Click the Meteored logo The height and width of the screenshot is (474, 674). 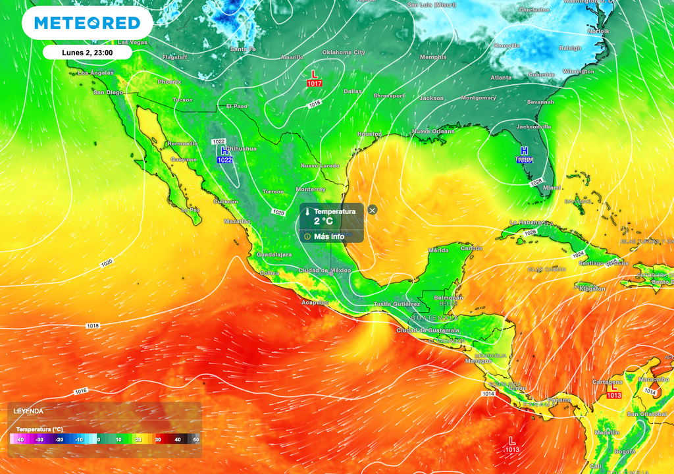point(87,24)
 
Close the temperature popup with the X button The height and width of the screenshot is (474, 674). point(373,210)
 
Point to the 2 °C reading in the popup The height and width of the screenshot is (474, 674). point(323,222)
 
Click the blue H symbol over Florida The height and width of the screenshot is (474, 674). point(525,151)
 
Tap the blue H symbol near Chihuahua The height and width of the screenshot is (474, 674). point(224,151)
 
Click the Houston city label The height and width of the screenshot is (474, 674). point(369,134)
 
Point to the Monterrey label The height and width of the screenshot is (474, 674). point(311,190)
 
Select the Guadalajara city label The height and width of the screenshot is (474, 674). point(274,254)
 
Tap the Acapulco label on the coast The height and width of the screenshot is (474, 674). point(314,302)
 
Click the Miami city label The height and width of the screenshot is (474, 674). point(553,188)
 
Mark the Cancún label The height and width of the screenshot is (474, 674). point(471,248)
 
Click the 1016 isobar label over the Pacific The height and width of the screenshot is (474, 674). point(80,391)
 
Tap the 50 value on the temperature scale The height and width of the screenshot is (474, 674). point(195,440)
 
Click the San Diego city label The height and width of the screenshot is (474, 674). point(108,92)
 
